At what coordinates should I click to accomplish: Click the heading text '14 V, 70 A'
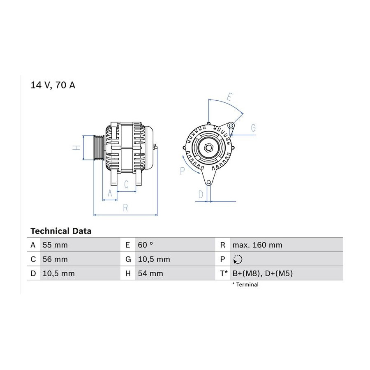coord(53,85)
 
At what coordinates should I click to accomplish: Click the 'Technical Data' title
coord(61,231)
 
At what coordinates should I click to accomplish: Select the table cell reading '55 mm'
coord(55,245)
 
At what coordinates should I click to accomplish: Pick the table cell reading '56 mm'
coord(55,259)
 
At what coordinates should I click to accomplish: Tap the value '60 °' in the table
coord(146,245)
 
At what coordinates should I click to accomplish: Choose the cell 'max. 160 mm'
coord(257,245)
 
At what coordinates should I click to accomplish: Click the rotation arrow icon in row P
coord(237,259)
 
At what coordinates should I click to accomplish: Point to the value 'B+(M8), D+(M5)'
coord(263,273)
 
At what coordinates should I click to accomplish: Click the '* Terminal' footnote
coord(245,284)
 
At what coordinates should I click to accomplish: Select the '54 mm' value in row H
coord(150,273)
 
